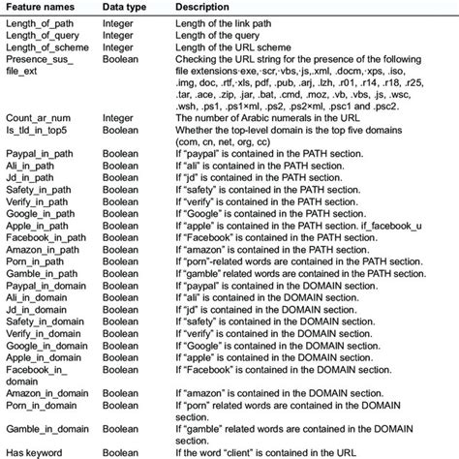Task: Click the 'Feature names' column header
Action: tap(39, 7)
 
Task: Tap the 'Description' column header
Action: tap(203, 7)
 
